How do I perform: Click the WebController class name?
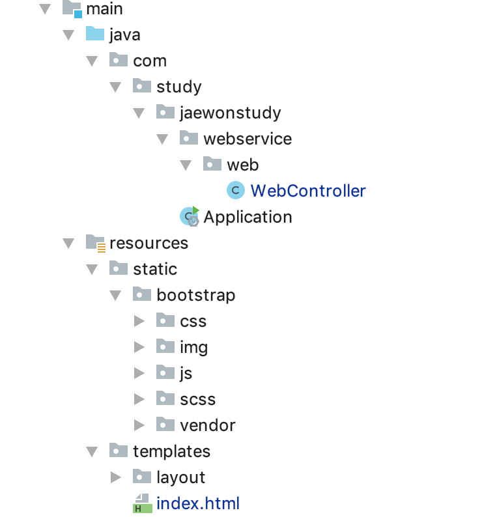pyautogui.click(x=307, y=191)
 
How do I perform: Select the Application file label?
pyautogui.click(x=248, y=217)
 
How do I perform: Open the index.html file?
pyautogui.click(x=198, y=503)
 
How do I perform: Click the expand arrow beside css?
pyautogui.click(x=139, y=321)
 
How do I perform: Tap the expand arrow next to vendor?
pyautogui.click(x=139, y=425)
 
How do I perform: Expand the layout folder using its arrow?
pyautogui.click(x=115, y=477)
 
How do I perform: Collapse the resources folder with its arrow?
pyautogui.click(x=68, y=243)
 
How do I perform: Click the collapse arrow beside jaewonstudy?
pyautogui.click(x=139, y=113)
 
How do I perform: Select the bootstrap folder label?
pyautogui.click(x=195, y=295)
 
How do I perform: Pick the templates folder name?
pyautogui.click(x=171, y=451)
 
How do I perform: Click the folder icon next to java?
pyautogui.click(x=95, y=34)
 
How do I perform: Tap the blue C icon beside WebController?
pyautogui.click(x=235, y=191)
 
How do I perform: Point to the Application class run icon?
pyautogui.click(x=190, y=216)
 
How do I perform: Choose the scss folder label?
pyautogui.click(x=197, y=399)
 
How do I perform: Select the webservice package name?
pyautogui.click(x=248, y=139)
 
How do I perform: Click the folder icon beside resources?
pyautogui.click(x=96, y=243)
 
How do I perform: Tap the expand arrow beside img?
pyautogui.click(x=139, y=347)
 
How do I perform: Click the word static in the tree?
pyautogui.click(x=155, y=269)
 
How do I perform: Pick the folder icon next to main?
pyautogui.click(x=72, y=8)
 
